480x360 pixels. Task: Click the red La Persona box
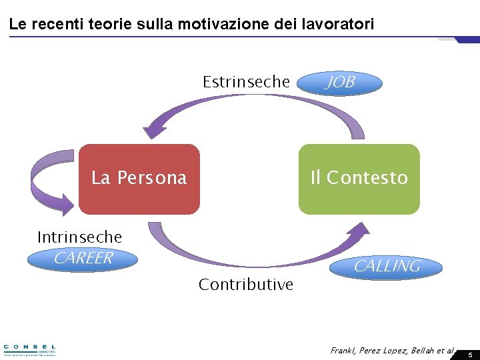[139, 178]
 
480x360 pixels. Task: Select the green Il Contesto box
[359, 178]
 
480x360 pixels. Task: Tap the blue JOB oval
[340, 83]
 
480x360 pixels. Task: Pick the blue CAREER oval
[83, 259]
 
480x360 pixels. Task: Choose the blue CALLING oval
[387, 266]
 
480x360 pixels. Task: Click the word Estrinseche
[246, 82]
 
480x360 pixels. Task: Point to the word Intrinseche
[79, 237]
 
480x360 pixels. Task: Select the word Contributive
[246, 285]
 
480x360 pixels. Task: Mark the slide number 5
[469, 355]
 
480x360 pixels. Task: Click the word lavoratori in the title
[341, 25]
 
